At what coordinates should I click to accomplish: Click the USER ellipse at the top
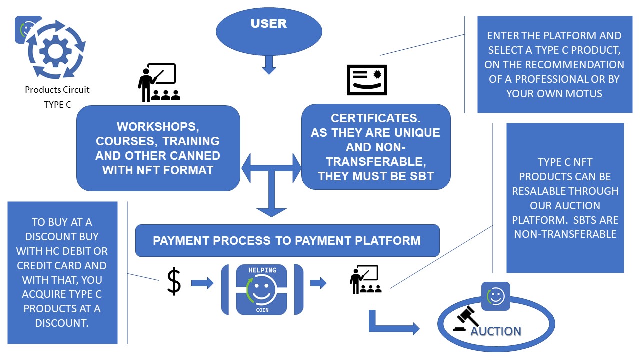pyautogui.click(x=269, y=31)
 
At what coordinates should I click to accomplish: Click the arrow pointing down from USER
pyautogui.click(x=269, y=65)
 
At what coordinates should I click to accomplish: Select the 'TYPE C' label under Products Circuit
pyautogui.click(x=57, y=105)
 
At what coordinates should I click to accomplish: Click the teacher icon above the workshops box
pyautogui.click(x=159, y=82)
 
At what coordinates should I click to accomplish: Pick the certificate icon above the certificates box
pyautogui.click(x=367, y=80)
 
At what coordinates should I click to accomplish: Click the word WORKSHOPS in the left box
pyautogui.click(x=158, y=127)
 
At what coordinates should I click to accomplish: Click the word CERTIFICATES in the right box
pyautogui.click(x=375, y=118)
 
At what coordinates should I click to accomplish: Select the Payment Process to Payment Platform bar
pyautogui.click(x=287, y=240)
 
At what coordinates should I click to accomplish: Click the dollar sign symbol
pyautogui.click(x=174, y=281)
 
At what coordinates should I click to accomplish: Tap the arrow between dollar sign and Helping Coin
pyautogui.click(x=202, y=283)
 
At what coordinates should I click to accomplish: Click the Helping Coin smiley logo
pyautogui.click(x=262, y=289)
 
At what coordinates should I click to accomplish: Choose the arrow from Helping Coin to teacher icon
pyautogui.click(x=318, y=283)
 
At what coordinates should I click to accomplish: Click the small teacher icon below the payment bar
pyautogui.click(x=365, y=279)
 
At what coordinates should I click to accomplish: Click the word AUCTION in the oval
pyautogui.click(x=496, y=331)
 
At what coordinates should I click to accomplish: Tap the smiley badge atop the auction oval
pyautogui.click(x=495, y=296)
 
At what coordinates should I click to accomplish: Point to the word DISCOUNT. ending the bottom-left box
pyautogui.click(x=62, y=323)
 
